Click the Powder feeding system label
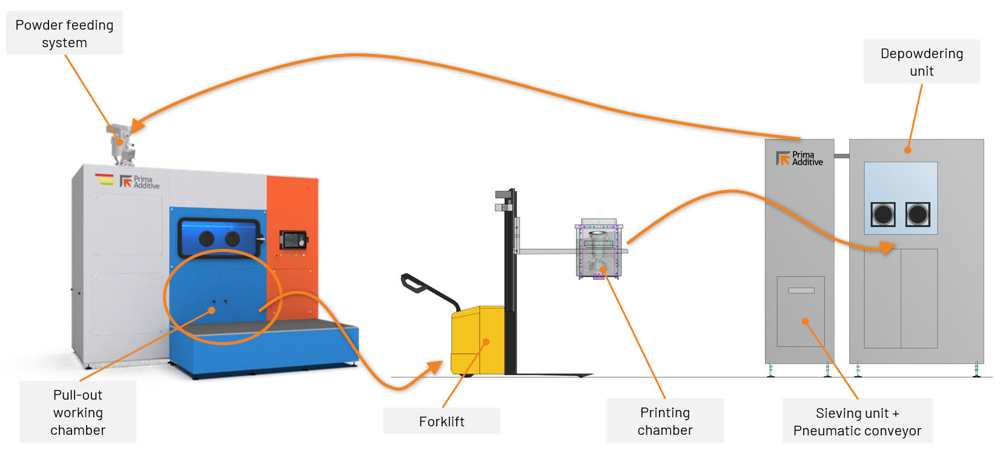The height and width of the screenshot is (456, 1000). (64, 33)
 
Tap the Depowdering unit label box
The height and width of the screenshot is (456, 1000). (921, 62)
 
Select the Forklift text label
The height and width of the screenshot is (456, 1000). (442, 421)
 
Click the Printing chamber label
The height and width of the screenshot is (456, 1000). (664, 421)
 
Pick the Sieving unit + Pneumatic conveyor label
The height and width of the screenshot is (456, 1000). (856, 421)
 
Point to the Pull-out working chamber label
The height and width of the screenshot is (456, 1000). (78, 412)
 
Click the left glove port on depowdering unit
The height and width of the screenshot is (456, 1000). (882, 214)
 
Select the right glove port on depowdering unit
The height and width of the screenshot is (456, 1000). (918, 214)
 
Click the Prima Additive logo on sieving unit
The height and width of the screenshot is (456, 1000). (800, 159)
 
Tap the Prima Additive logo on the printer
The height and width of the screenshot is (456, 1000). (140, 182)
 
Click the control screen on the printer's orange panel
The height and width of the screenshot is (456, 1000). (294, 240)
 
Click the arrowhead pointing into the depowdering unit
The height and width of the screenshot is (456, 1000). (887, 248)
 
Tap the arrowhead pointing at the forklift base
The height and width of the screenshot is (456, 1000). (435, 367)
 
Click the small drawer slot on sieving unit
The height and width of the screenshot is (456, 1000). (801, 291)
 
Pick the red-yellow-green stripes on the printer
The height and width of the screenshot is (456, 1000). (104, 179)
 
